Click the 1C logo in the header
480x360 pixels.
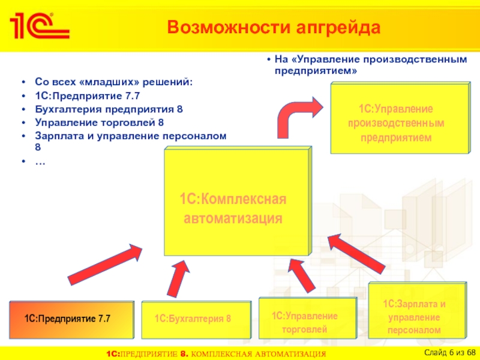pos(37,25)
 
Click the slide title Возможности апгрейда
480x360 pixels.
pos(274,28)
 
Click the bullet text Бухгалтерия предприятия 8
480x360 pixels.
pos(109,110)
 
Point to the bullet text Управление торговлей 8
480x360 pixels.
pos(100,123)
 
